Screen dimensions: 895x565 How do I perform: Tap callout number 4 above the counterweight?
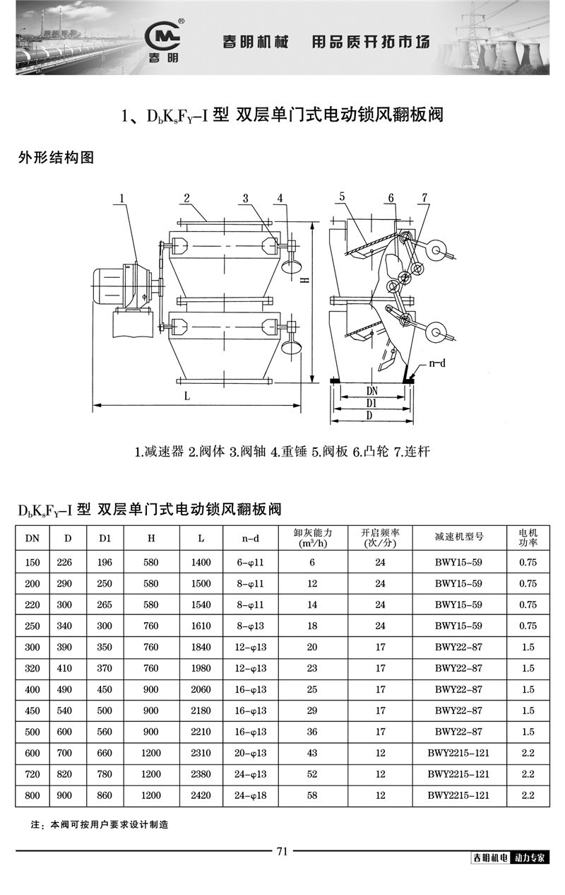(280, 199)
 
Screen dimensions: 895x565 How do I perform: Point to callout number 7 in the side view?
(424, 199)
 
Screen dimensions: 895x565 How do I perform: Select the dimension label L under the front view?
(187, 397)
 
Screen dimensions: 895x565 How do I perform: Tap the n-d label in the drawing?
(439, 365)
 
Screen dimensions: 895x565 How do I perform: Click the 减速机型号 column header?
(459, 537)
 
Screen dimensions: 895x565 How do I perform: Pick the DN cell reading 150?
(32, 563)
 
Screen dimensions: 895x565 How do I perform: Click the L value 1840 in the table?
(201, 648)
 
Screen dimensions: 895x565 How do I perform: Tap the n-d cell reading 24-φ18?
(251, 795)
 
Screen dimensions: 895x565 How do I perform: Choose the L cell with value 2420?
(201, 795)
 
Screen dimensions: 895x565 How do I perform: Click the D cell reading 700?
(68, 754)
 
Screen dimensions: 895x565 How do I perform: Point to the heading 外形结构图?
(56, 158)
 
